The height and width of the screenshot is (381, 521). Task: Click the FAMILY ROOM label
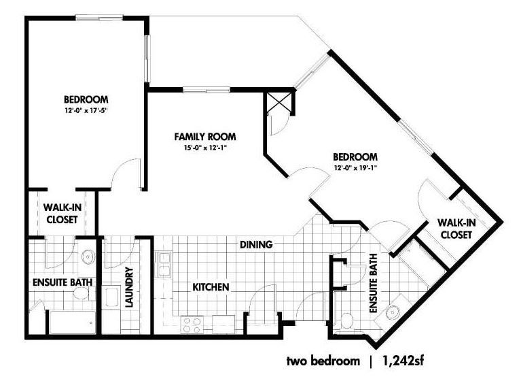(205, 137)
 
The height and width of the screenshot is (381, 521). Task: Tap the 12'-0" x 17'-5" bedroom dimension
(86, 110)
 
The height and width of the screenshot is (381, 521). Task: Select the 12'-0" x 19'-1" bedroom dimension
(355, 167)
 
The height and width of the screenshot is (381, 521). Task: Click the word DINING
(256, 244)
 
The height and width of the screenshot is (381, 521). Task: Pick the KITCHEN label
(211, 287)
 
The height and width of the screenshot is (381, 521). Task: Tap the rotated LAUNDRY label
(128, 287)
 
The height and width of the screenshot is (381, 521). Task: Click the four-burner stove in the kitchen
(192, 325)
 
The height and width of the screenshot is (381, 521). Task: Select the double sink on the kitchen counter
(164, 265)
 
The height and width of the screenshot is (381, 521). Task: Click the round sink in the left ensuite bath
(88, 256)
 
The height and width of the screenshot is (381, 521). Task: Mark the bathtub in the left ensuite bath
(73, 322)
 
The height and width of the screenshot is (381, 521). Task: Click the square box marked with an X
(279, 103)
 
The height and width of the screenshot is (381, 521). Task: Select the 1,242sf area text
(403, 361)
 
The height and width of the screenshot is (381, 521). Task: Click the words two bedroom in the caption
(323, 361)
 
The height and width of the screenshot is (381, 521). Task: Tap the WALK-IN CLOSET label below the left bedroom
(62, 214)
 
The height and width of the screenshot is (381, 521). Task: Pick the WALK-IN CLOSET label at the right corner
(456, 229)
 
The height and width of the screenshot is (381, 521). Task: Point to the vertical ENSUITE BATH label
(373, 283)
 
